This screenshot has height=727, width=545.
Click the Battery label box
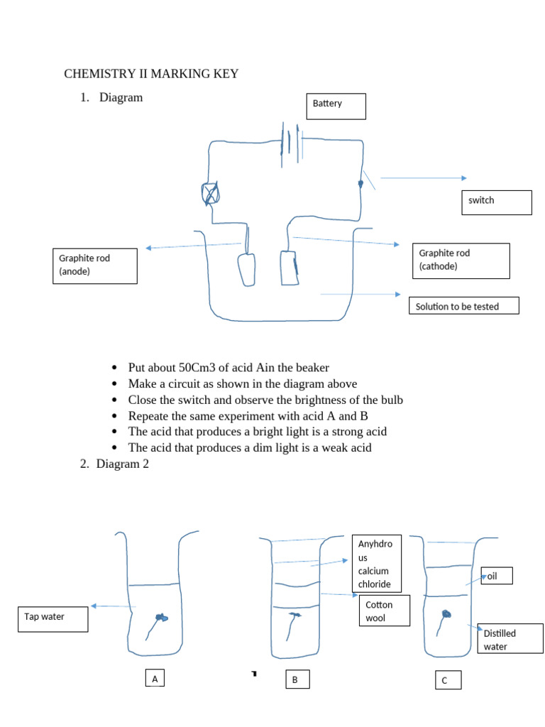point(336,106)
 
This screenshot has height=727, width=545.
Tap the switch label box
point(495,202)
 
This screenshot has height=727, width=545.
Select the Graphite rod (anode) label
point(94,266)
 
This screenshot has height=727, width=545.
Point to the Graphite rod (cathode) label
point(461,261)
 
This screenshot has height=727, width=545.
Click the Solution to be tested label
point(464,306)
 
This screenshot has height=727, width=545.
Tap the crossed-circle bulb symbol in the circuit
point(211,192)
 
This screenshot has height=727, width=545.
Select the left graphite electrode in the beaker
point(246,269)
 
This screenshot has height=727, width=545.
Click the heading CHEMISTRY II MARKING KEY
point(151,74)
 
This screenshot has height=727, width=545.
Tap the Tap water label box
point(53,618)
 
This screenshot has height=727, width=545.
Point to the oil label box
point(497,576)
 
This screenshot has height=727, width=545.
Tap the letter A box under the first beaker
point(155,679)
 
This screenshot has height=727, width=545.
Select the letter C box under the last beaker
point(448,680)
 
